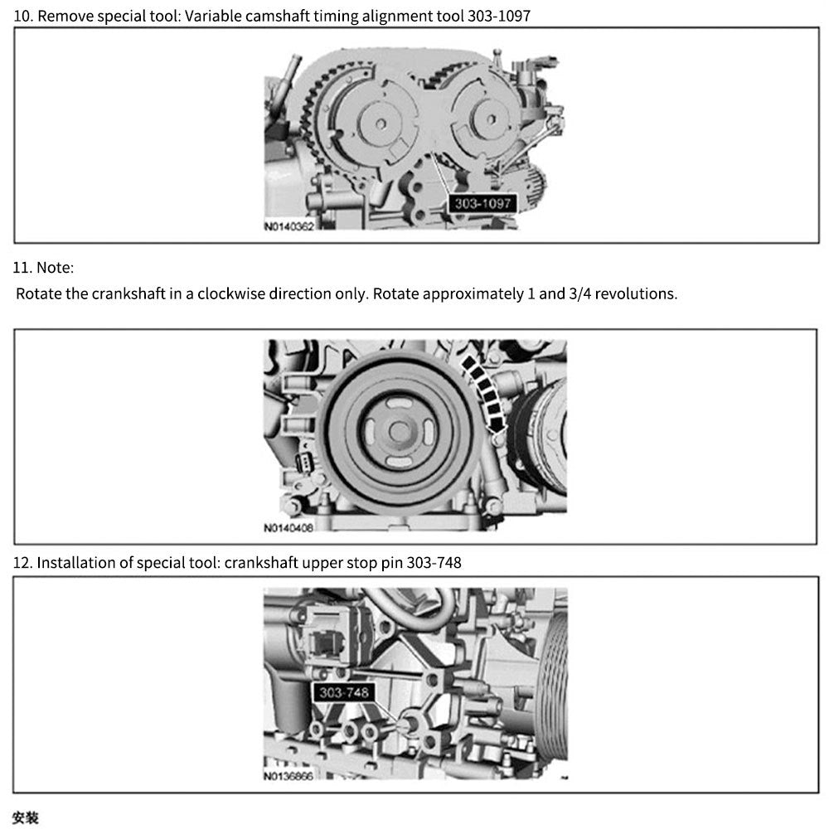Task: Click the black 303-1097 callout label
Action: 482,204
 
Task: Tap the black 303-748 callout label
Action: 344,692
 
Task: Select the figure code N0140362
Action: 288,227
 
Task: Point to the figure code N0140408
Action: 288,527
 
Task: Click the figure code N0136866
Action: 288,776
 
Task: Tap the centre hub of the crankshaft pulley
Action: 400,432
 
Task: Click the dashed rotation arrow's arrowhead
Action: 497,424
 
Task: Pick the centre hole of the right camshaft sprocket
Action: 491,120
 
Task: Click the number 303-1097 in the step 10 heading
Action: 498,16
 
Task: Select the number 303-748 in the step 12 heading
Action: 434,563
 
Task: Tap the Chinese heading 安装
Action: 26,818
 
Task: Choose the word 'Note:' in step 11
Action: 55,268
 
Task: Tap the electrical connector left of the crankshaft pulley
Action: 304,463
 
